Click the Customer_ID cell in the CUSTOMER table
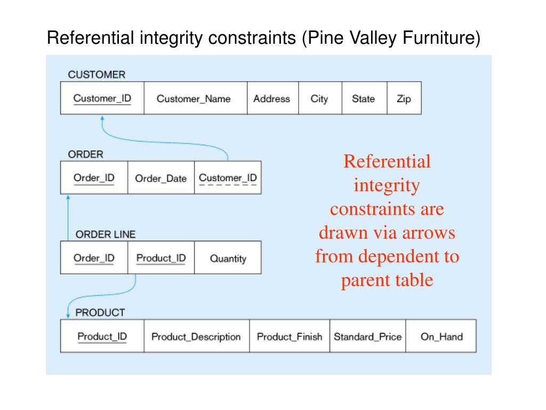(x=102, y=98)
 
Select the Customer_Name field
(x=194, y=98)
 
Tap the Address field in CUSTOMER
(x=272, y=98)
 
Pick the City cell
(x=319, y=98)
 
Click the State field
(x=363, y=98)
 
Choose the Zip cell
(x=404, y=98)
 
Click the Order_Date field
(x=160, y=178)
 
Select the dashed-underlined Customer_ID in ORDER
(x=228, y=178)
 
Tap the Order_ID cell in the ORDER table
(x=94, y=178)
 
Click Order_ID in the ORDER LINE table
(x=94, y=258)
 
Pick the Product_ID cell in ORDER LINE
(x=161, y=258)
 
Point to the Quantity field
(x=228, y=258)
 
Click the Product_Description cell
(x=196, y=336)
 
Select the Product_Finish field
(x=290, y=336)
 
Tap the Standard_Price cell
(x=367, y=336)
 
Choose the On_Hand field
(x=441, y=336)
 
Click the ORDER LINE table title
(x=106, y=234)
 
